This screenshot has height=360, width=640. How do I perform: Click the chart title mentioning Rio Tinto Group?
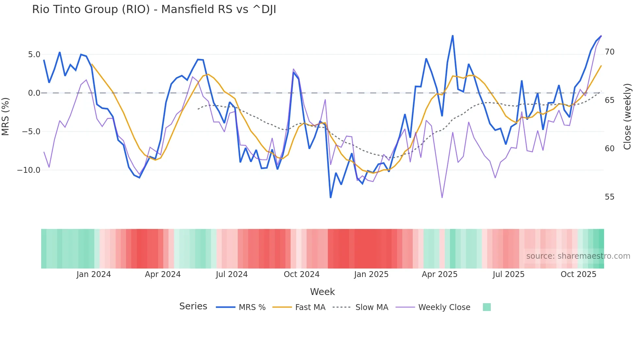pos(154,9)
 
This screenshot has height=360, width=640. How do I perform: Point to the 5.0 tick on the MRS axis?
pos(34,55)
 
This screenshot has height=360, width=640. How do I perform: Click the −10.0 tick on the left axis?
pos(29,170)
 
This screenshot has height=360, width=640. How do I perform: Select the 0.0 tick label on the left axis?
pos(34,93)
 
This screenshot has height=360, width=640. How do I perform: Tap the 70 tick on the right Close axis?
pos(609,52)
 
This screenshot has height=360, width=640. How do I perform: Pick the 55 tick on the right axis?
pos(609,197)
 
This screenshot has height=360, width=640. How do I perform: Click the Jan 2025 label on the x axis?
pos(371,274)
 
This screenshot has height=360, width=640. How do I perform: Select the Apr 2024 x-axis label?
pos(163,274)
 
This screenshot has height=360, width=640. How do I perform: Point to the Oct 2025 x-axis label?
pos(578,274)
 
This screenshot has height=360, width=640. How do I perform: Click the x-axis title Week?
pos(322,292)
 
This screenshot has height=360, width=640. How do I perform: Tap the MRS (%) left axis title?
pos(6,116)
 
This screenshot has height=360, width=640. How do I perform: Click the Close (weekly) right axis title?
pos(627,116)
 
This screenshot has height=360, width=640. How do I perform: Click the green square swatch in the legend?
pos(487,307)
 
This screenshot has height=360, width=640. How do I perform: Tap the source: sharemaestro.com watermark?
pos(578,256)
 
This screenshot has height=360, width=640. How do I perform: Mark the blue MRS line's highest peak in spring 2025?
pos(453,36)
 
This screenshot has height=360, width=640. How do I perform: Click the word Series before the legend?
pos(193,306)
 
